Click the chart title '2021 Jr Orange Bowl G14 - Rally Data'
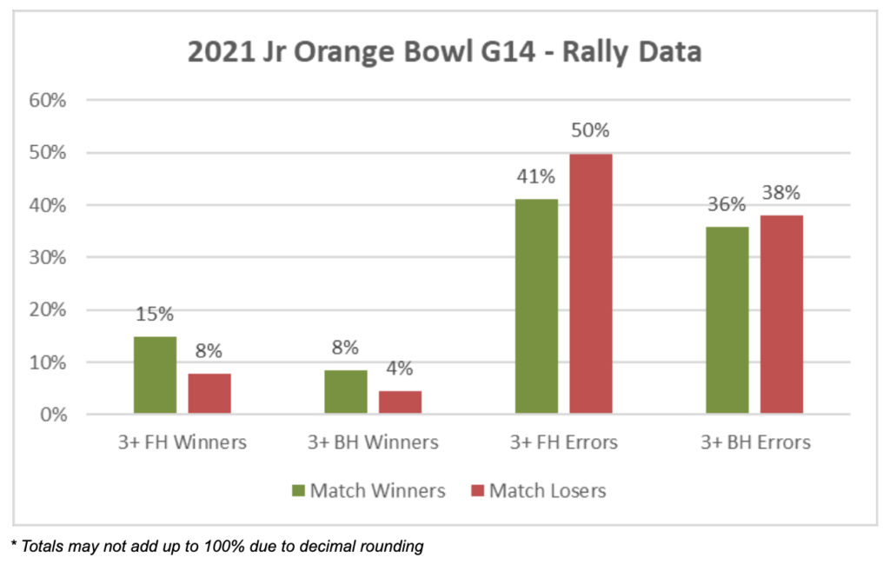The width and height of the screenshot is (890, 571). [x=444, y=52]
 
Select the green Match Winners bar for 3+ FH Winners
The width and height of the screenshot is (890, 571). [x=156, y=375]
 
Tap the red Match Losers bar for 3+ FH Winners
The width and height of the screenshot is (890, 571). [x=209, y=394]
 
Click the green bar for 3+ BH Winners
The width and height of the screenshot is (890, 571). [x=346, y=392]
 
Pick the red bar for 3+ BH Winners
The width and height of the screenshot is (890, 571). [x=400, y=402]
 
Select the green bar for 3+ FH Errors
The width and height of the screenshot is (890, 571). [x=536, y=307]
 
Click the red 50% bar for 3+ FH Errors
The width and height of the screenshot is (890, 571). [x=591, y=284]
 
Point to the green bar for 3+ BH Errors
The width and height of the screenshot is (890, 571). [x=727, y=320]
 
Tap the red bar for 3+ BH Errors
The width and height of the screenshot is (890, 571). [x=781, y=315]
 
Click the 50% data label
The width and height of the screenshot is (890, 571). [x=590, y=131]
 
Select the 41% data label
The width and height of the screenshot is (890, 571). [x=535, y=176]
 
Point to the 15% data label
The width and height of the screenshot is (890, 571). [x=156, y=314]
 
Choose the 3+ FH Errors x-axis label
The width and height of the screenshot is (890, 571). [x=563, y=442]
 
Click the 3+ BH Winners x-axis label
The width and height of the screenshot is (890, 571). [x=373, y=442]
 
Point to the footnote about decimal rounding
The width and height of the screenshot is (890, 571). [x=217, y=547]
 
